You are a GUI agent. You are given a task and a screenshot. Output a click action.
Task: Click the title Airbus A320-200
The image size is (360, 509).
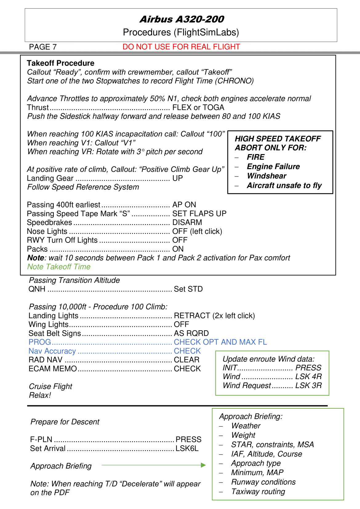(182, 19)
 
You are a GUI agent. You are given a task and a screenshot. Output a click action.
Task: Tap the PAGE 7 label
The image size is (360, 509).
(43, 47)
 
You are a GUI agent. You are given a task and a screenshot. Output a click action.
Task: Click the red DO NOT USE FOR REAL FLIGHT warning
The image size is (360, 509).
(181, 47)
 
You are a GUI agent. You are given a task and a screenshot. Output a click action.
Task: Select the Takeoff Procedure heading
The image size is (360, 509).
(60, 63)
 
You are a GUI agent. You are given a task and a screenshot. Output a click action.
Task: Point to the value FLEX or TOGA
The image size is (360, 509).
(198, 107)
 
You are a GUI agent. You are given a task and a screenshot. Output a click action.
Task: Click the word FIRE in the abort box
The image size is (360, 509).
(255, 157)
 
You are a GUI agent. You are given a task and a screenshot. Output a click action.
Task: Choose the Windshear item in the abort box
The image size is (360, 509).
(266, 176)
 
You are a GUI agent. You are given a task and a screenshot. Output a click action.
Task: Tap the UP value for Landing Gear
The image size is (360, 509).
(178, 178)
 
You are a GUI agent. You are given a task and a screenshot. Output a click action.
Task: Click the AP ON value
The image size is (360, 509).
(184, 205)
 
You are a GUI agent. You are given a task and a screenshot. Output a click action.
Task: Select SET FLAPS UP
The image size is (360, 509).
(199, 214)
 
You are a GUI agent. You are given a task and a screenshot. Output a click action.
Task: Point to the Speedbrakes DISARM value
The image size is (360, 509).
(187, 222)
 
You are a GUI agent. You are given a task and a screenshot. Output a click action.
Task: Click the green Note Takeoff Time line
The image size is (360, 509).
(59, 267)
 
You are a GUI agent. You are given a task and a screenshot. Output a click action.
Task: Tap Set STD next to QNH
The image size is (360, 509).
(188, 289)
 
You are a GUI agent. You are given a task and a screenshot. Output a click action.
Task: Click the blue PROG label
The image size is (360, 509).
(40, 342)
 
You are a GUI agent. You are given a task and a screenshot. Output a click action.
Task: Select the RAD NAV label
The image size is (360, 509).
(46, 360)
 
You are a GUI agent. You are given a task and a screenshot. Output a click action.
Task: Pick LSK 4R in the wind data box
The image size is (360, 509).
(308, 376)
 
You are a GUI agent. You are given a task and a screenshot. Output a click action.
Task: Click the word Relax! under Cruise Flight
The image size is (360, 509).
(40, 395)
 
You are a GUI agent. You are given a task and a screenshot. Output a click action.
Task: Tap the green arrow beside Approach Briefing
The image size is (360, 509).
(154, 465)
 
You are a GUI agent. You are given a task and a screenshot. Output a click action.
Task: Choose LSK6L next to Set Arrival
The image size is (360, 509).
(187, 448)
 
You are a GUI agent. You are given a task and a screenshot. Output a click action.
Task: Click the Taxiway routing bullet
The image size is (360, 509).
(258, 491)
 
